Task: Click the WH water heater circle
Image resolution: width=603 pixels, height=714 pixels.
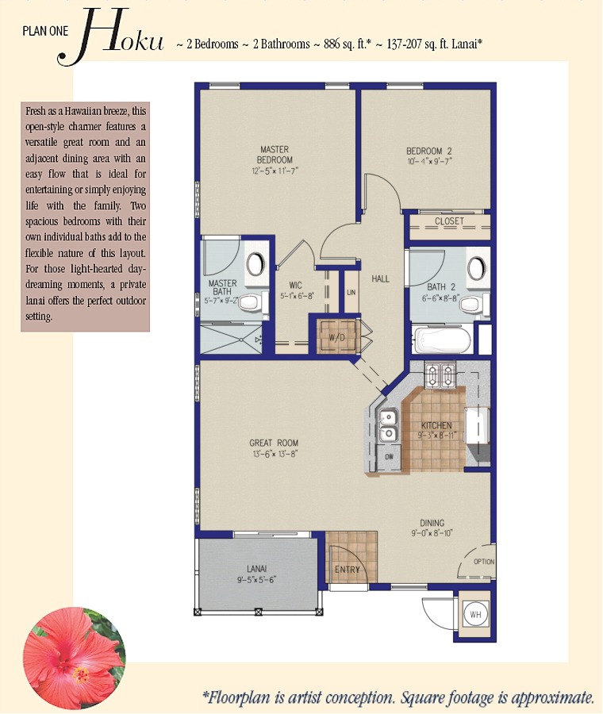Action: tap(475, 615)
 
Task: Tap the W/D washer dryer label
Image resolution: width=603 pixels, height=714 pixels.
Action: tap(336, 337)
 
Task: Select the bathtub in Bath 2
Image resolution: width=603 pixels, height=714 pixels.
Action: tap(441, 340)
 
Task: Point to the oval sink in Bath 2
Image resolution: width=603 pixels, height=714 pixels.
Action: tap(476, 268)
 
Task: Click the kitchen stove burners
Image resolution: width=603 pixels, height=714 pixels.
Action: tap(440, 374)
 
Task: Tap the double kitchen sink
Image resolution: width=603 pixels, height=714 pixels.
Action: tap(388, 425)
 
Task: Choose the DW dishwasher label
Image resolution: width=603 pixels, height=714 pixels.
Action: tap(389, 456)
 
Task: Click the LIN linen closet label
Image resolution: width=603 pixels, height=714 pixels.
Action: tap(351, 292)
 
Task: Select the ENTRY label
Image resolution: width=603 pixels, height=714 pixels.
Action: tap(348, 569)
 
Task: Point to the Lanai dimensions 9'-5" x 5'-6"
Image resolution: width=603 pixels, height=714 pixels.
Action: tap(257, 580)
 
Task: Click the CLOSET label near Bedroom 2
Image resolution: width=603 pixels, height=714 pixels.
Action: tap(449, 221)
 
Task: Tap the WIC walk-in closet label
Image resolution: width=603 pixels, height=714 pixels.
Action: tap(296, 286)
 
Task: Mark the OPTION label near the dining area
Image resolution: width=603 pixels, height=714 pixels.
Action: tap(484, 562)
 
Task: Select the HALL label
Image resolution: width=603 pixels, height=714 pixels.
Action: tap(380, 278)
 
